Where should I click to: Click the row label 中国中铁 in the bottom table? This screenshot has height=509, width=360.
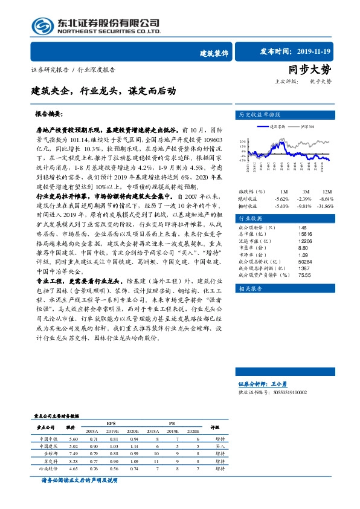[48, 438]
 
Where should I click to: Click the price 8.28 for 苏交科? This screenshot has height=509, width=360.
[74, 461]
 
